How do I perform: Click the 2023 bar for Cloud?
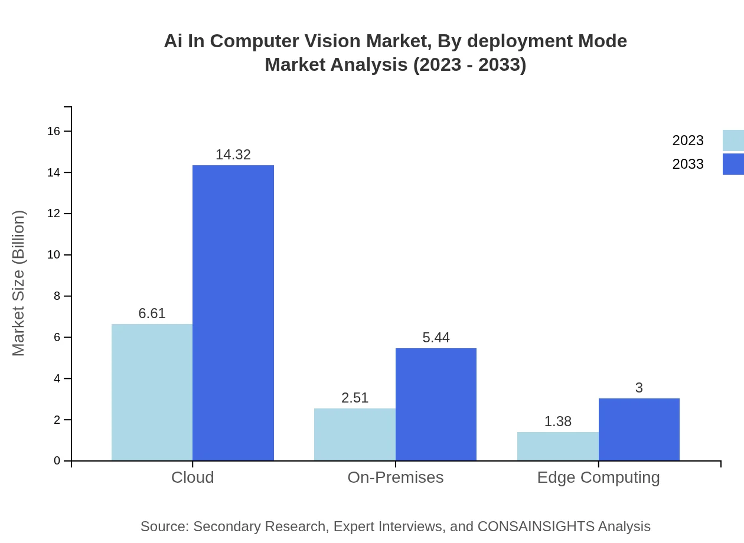coord(152,392)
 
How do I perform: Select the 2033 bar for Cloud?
coord(233,313)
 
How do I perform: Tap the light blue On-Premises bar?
coord(354,434)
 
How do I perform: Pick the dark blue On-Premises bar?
coord(436,404)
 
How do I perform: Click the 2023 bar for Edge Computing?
coord(557,446)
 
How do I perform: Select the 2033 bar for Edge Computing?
coord(639,430)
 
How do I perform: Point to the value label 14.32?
coord(233,155)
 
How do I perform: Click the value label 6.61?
coord(152,313)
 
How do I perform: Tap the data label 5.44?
coord(436,338)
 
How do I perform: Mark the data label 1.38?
coord(557,421)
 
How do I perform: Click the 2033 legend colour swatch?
coord(733,164)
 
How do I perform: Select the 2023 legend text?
coord(687,140)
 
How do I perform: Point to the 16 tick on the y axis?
coord(54,131)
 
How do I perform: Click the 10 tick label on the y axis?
coord(54,255)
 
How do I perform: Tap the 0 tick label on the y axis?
coord(57,460)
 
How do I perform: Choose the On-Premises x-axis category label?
coord(395,477)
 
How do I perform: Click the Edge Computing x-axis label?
coord(598,477)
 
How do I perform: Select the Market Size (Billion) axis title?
coord(18,283)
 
